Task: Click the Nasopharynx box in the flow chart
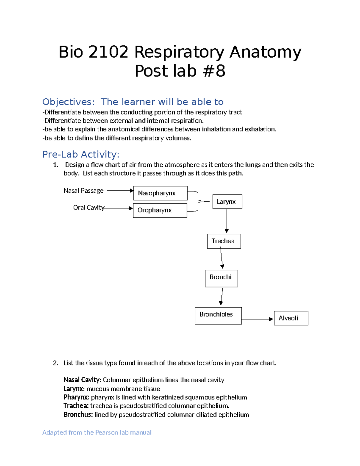pos(160,193)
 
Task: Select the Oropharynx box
pos(160,210)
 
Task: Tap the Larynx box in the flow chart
pos(227,202)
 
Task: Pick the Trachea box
pos(224,241)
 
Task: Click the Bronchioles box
pos(218,315)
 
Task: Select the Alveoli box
pos(291,318)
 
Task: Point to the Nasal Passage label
pos(83,191)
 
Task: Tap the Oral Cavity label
pos(89,208)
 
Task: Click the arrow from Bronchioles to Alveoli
pos(257,319)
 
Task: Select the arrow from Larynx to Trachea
pos(227,221)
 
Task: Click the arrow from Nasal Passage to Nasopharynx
pos(119,191)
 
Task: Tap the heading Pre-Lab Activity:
pos(81,154)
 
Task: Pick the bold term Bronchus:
pos(78,415)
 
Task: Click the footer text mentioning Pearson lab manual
pos(97,432)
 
